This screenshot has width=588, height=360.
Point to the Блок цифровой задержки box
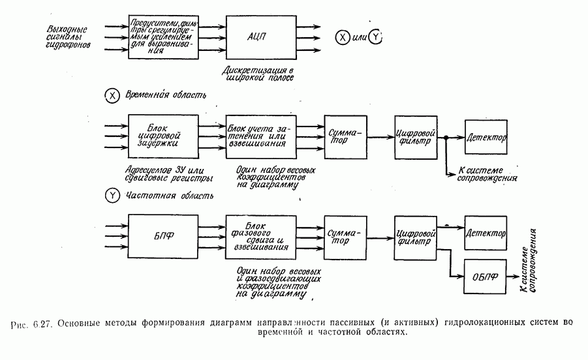[163, 136]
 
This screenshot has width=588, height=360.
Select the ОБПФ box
[484, 275]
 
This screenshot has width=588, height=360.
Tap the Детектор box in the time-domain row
[486, 137]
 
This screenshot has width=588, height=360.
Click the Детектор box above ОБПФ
[486, 233]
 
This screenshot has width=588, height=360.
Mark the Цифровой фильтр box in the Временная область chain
[416, 137]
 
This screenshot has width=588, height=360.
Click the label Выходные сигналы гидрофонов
[67, 38]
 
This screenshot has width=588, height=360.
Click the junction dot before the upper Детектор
[446, 137]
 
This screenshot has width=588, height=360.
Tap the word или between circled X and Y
[359, 38]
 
